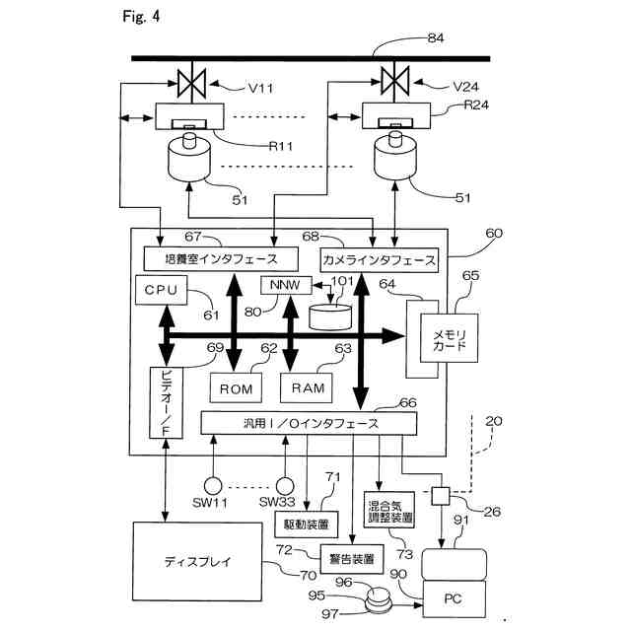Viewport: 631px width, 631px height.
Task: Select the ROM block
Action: point(236,388)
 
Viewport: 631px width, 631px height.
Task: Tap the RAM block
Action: point(308,388)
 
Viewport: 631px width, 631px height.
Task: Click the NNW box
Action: point(277,286)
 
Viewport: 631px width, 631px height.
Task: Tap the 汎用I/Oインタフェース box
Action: point(307,423)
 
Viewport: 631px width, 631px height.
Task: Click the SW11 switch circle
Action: point(211,485)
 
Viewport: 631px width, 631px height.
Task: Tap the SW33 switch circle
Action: point(286,485)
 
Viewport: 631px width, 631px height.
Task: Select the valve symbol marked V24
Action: point(395,77)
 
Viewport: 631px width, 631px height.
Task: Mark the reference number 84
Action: point(435,37)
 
